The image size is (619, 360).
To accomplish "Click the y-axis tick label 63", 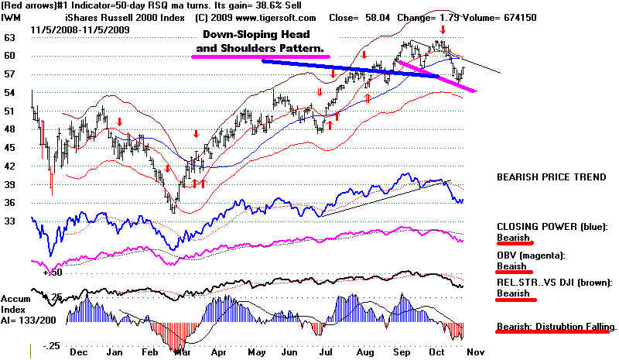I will tap(9, 36).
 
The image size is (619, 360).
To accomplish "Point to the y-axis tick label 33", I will tap(9, 221).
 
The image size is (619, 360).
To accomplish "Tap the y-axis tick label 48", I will tap(9, 129).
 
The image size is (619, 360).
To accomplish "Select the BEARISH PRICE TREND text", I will tap(551, 177).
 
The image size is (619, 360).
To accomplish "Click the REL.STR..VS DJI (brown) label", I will tap(556, 283).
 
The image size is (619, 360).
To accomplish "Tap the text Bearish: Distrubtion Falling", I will tap(556, 327).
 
